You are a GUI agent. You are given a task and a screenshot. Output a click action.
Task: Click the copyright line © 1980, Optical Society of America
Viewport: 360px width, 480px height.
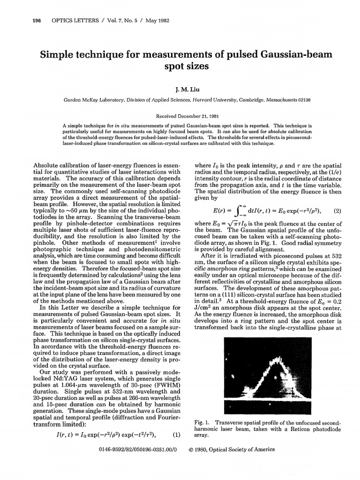tap(231, 449)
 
